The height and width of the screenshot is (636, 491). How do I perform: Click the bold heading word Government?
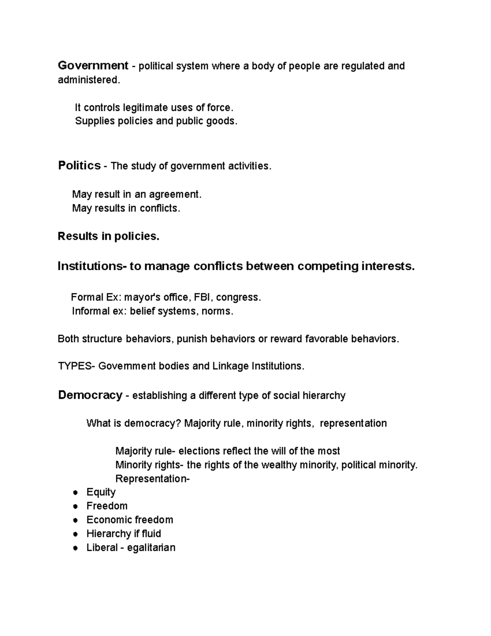(93, 66)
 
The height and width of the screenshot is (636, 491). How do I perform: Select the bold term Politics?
(79, 165)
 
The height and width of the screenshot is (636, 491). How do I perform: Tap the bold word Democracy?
(90, 395)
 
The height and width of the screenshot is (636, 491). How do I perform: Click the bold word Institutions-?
(92, 266)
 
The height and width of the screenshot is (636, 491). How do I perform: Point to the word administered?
(89, 80)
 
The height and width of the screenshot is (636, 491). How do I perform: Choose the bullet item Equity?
(101, 492)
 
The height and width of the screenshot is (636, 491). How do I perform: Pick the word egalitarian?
(151, 548)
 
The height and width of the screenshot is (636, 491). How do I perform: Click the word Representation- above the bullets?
(153, 478)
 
